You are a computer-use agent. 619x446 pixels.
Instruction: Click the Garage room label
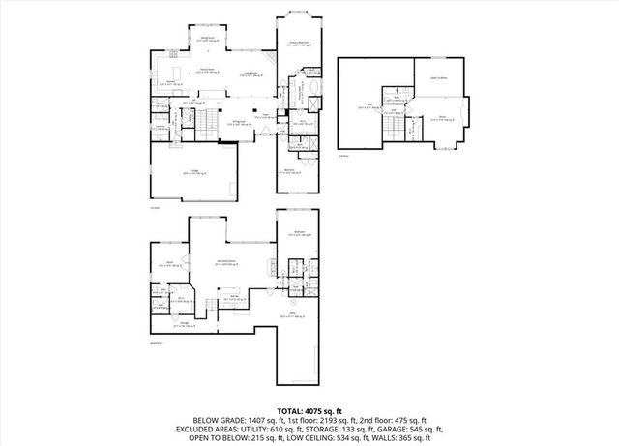coord(194,171)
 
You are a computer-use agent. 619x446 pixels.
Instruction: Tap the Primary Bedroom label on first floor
coord(299,44)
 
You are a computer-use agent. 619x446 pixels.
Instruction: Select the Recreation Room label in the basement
coord(228,263)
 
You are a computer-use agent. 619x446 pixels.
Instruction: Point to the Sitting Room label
coord(207,40)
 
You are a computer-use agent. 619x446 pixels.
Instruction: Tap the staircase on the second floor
coord(393,125)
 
